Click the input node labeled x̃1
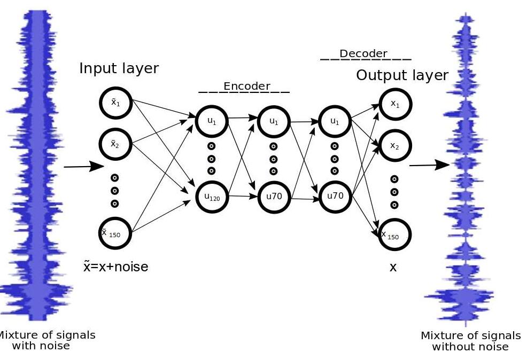pos(115,103)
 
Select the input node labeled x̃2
pos(115,144)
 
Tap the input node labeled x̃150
pos(115,233)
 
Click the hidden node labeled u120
pos(212,197)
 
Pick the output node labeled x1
pos(395,104)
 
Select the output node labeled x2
pos(395,145)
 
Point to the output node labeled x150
pos(395,235)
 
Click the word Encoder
pos(246,86)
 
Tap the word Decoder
pos(363,53)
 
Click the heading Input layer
pos(119,68)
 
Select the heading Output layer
pos(402,75)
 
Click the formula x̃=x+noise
pos(115,266)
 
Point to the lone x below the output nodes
pos(393,268)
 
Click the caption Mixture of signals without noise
pos(470,341)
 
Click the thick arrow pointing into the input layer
pos(83,166)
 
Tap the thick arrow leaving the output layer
pos(430,165)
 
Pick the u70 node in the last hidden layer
pos(335,196)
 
